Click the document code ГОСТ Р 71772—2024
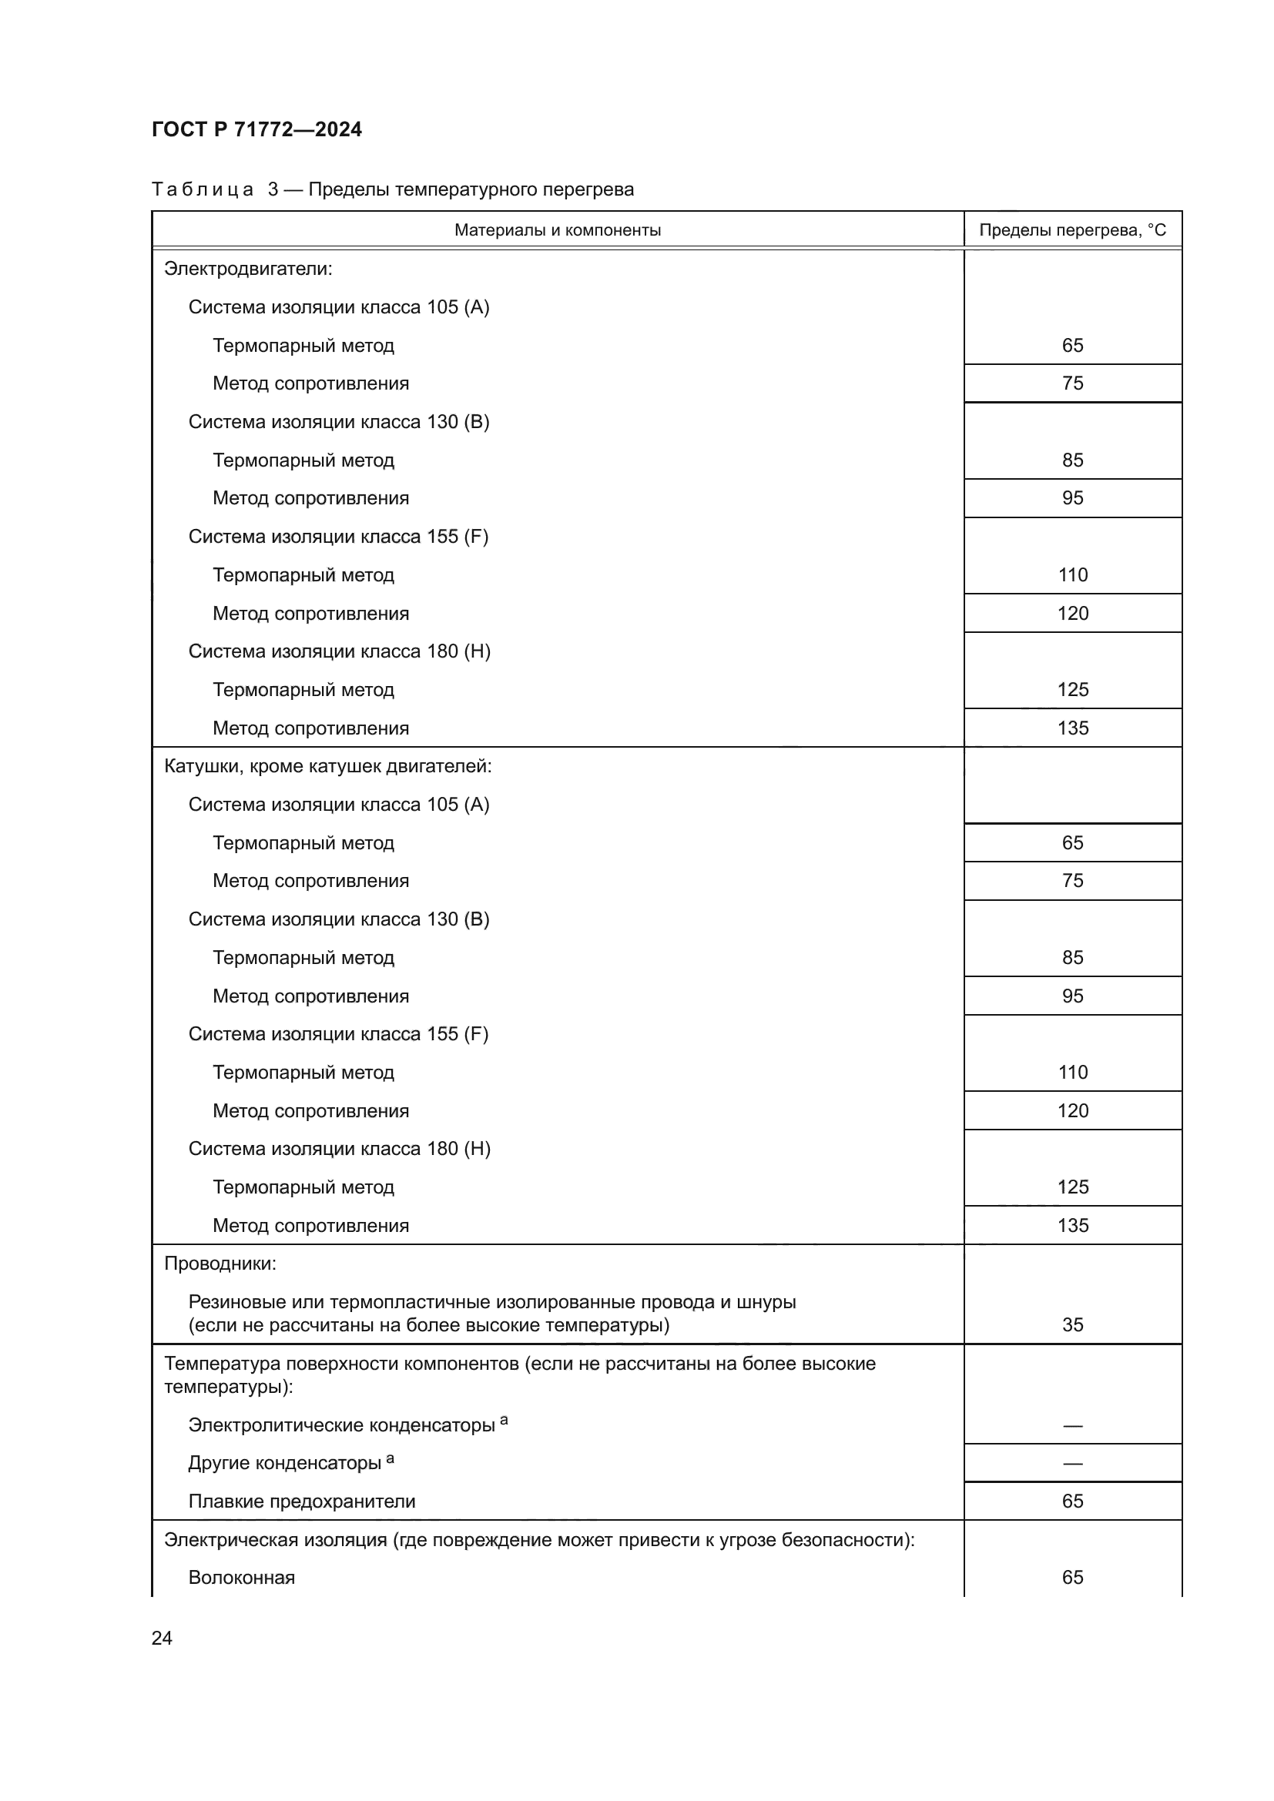[256, 129]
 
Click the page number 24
[162, 1638]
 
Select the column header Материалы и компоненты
[557, 229]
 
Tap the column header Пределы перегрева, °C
[1071, 229]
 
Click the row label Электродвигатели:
[248, 269]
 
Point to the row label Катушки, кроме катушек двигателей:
[327, 766]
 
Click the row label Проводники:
[220, 1264]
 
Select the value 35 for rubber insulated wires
[1071, 1325]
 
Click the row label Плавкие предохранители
[301, 1501]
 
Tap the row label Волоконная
[241, 1578]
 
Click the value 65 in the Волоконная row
[1071, 1578]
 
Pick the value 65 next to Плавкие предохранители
[1071, 1501]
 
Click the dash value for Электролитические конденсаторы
[1071, 1425]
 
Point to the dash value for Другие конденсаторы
[1071, 1464]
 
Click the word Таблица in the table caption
[202, 190]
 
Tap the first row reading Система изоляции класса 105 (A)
[338, 307]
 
